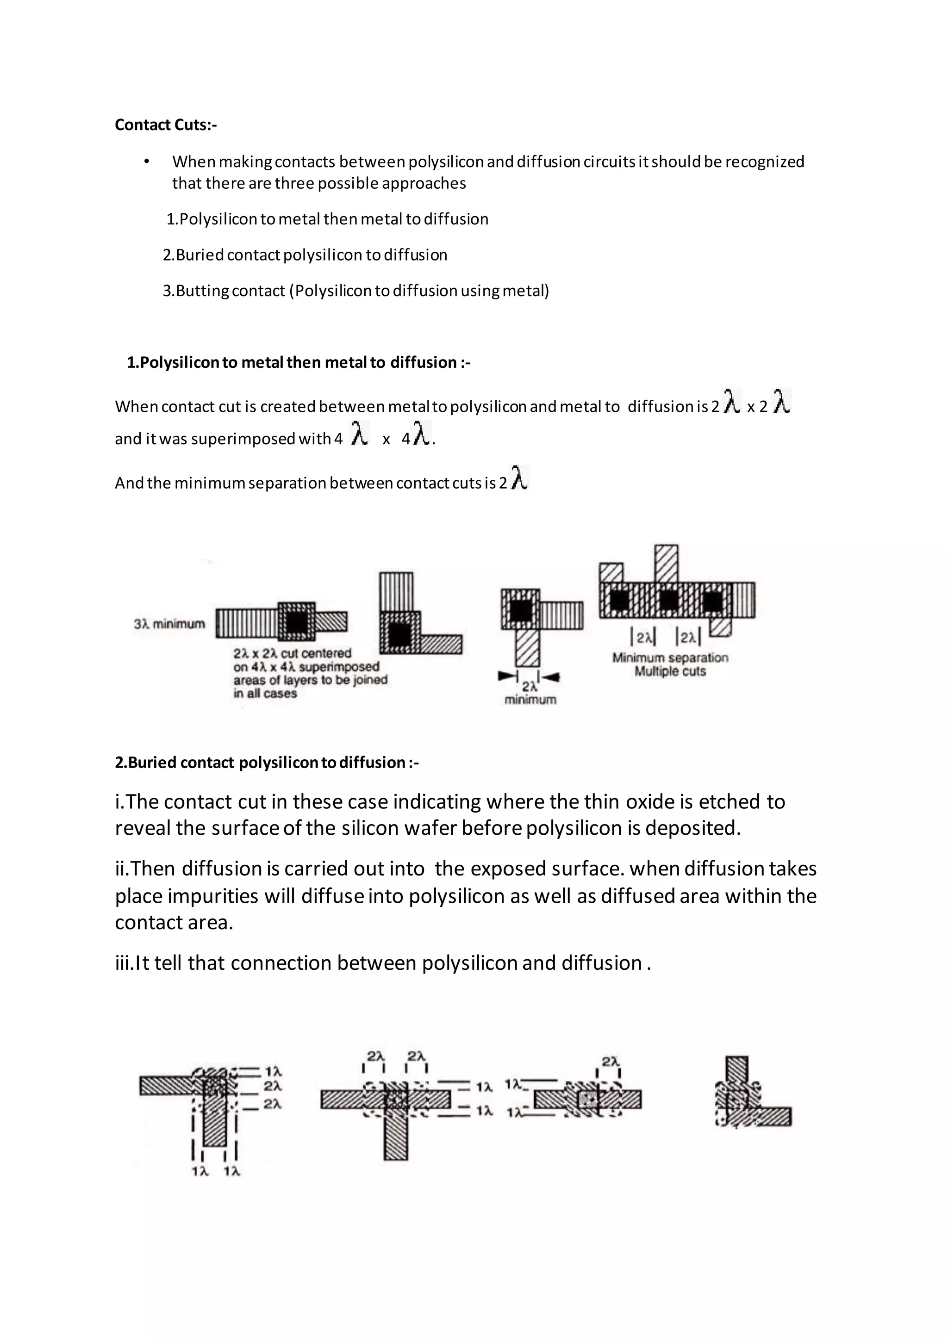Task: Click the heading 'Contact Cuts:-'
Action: (x=165, y=125)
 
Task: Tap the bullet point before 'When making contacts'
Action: (x=147, y=161)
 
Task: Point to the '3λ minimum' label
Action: (x=169, y=624)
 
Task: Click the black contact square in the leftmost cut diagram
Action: (x=297, y=623)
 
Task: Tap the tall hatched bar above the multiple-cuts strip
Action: (x=666, y=563)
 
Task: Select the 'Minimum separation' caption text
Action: (x=670, y=658)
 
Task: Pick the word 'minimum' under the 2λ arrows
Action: (x=530, y=699)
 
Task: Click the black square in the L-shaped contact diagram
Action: (x=399, y=634)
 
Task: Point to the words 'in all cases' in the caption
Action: (x=265, y=693)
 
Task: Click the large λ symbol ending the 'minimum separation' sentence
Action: (x=519, y=478)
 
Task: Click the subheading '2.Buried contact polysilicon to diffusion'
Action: (x=266, y=763)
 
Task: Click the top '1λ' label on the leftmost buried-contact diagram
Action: (x=273, y=1072)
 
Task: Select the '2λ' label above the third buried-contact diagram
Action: (x=611, y=1061)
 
